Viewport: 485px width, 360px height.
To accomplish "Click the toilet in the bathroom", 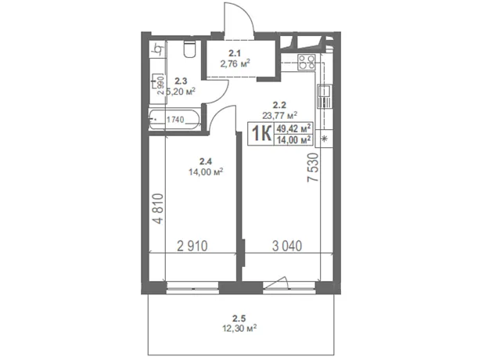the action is coord(189,49).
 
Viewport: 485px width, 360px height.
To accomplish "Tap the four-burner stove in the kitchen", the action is coord(307,62).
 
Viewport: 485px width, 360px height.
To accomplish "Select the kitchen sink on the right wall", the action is coord(325,96).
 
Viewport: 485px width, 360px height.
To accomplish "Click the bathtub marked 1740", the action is coord(174,120).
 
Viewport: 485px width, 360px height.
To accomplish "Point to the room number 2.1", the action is coord(235,53).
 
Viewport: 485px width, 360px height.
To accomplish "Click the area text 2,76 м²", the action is coord(235,63).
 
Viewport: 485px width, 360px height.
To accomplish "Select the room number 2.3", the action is coord(181,81).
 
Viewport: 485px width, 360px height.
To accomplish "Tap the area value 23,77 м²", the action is coord(280,115).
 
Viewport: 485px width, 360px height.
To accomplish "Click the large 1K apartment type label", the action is coord(262,133).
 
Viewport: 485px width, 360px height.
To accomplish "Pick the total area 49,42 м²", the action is coord(293,128).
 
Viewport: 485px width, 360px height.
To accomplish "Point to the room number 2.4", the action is coord(206,161).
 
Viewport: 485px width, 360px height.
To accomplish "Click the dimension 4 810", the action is coord(158,208).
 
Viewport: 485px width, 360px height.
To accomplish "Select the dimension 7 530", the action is coord(313,167).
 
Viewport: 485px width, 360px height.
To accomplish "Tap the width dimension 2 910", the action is coord(192,246).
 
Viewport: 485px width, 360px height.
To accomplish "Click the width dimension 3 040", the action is coord(287,246).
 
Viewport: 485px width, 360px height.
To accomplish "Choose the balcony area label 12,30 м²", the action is coord(239,328).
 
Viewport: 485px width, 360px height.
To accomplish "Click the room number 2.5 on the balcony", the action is coord(239,318).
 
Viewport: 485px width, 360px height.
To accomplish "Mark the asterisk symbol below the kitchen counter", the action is coord(325,139).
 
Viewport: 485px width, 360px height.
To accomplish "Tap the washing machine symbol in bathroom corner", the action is coord(158,49).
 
